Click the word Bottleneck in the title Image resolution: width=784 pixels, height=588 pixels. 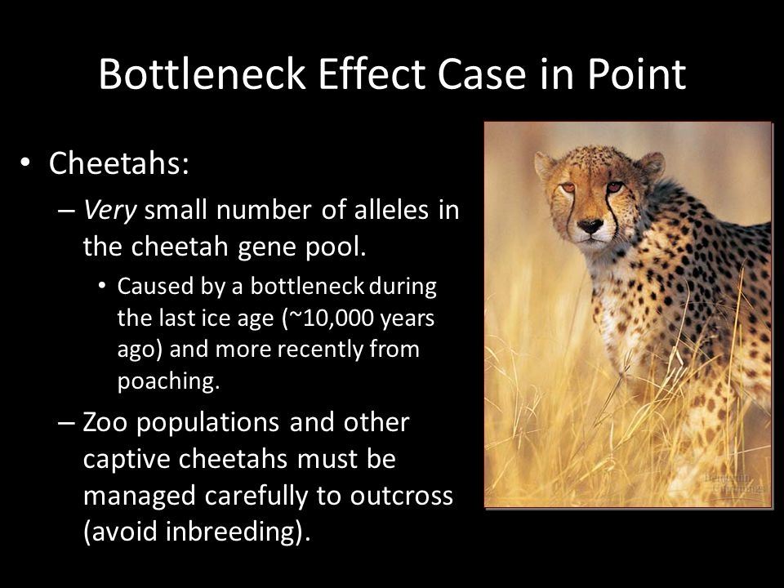(202, 74)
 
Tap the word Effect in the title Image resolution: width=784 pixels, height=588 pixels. (372, 74)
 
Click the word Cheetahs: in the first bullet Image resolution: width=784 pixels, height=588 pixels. (119, 163)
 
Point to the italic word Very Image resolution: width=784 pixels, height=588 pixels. (109, 211)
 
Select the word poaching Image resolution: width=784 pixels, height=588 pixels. (168, 381)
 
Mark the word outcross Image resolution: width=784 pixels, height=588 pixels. (402, 496)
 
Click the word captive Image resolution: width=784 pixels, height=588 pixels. (127, 460)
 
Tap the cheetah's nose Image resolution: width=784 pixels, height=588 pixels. (590, 225)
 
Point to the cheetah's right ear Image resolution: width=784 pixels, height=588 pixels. (545, 164)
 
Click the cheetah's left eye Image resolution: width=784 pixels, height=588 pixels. (615, 187)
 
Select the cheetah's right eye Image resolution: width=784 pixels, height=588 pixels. (568, 188)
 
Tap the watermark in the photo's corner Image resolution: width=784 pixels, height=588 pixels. (734, 483)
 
